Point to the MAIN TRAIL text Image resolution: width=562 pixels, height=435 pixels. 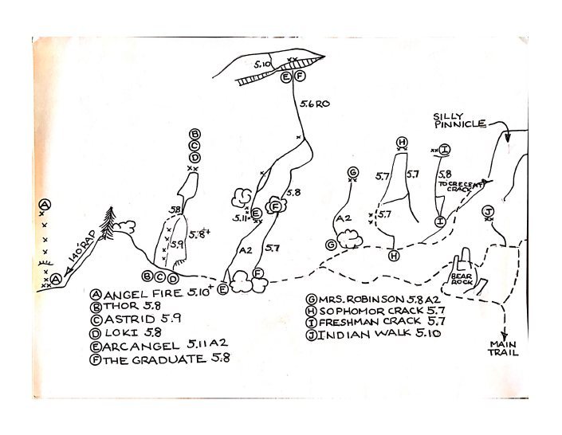pos(503,348)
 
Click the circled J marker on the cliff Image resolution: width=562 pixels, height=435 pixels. pos(488,210)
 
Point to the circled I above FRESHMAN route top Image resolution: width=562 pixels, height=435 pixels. pos(445,149)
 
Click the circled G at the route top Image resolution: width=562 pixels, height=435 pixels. pos(352,172)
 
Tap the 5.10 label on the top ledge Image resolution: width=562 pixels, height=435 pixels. pos(263,62)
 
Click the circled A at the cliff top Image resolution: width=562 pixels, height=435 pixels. pos(45,206)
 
